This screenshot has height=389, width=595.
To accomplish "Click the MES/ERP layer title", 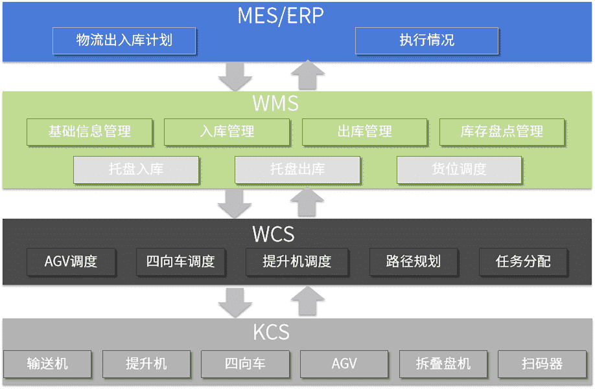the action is coord(281,16).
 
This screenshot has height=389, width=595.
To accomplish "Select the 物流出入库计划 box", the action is coord(124,41).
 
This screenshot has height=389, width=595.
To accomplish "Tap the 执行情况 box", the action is coord(426,41).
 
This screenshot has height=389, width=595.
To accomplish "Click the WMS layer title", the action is coord(275,104).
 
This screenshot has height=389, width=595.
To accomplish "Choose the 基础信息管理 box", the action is coord(89,132).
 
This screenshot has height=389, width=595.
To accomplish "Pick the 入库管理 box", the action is coord(227,132).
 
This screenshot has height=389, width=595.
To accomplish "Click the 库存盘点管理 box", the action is coord(502,132).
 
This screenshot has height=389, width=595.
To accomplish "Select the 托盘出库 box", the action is coord(297,170).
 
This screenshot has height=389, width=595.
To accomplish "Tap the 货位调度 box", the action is coord(459,170).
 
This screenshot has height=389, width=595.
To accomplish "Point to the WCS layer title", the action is coord(274,234).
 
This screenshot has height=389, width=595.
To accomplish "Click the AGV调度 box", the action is coord(71,261).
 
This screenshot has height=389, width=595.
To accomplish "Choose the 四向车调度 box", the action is coord(181,261).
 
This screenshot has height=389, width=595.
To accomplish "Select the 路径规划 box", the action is coord(414,261).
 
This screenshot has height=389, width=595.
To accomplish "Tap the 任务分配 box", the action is coord(523,261).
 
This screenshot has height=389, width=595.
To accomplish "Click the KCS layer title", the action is coord(271,332).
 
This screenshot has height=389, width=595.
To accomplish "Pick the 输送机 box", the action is coord(47,364).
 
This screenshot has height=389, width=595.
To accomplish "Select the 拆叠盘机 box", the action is coord(443,364).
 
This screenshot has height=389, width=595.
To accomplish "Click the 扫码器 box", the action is coord(542,364).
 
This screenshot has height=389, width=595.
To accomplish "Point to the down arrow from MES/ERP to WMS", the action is coord(235,77).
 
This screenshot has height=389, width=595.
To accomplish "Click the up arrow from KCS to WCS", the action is coord(308,301).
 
